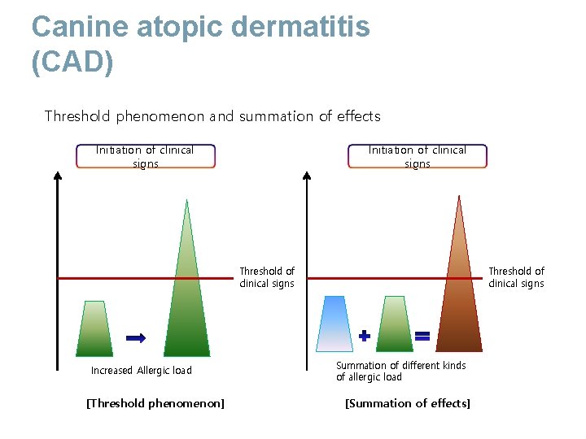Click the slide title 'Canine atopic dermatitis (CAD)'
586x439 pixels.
(x=200, y=45)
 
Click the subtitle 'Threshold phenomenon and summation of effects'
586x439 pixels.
(x=212, y=116)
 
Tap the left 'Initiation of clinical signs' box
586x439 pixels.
(x=146, y=157)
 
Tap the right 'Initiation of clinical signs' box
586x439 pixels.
(x=418, y=157)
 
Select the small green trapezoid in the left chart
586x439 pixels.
(x=94, y=328)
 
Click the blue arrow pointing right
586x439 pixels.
(x=136, y=337)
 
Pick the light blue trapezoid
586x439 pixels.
(x=335, y=324)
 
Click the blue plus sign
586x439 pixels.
(x=365, y=335)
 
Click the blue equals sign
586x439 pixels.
(x=422, y=335)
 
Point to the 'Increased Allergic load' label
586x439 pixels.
(x=142, y=371)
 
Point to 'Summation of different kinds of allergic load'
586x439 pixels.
(x=400, y=372)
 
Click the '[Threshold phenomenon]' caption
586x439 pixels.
(x=155, y=404)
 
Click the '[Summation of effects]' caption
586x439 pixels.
(x=408, y=404)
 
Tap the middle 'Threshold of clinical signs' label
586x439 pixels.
(x=267, y=277)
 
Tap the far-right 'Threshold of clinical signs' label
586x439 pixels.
(x=516, y=277)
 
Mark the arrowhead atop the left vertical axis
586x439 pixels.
(x=57, y=175)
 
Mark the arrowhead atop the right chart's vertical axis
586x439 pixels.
(x=307, y=175)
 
